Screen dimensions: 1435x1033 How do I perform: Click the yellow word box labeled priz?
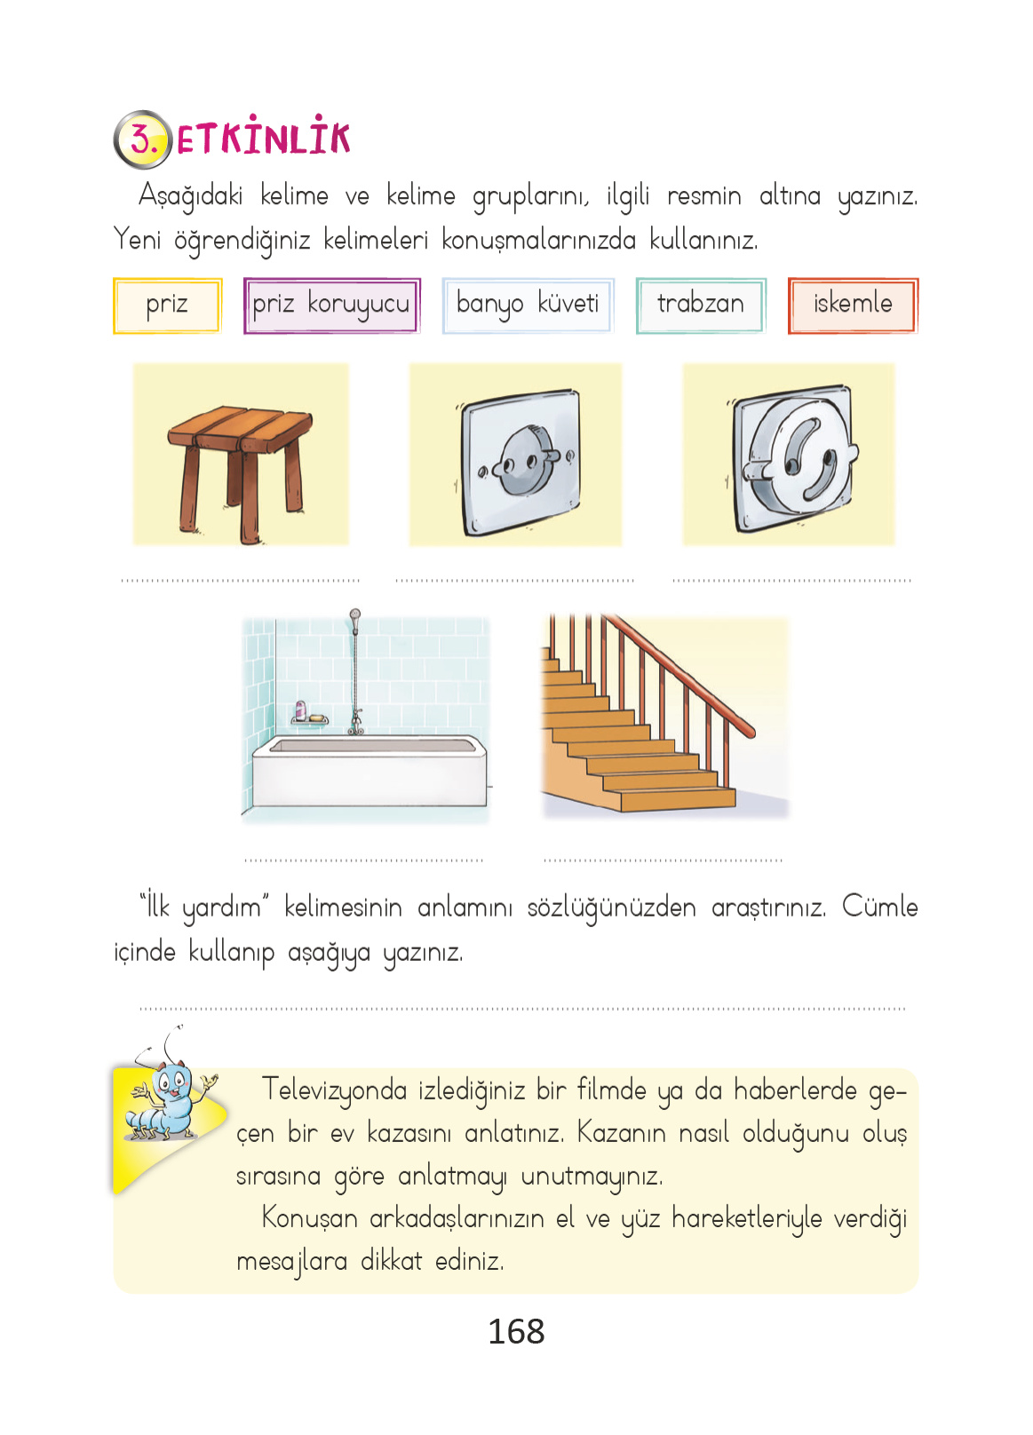tap(167, 305)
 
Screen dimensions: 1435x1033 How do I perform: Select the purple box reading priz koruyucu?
tap(331, 305)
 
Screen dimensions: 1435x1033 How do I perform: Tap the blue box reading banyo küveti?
tap(528, 305)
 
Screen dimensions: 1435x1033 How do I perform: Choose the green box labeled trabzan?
tap(700, 305)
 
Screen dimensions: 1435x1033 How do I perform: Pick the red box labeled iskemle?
tap(853, 305)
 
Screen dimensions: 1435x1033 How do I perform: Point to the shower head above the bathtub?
tap(355, 614)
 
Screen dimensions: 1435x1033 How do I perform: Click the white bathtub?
tap(369, 771)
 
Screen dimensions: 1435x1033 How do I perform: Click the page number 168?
tap(516, 1331)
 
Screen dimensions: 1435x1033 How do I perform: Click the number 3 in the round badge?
tap(142, 139)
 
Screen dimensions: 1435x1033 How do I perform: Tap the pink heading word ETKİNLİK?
tap(264, 139)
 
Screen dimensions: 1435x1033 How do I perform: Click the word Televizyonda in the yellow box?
tap(334, 1090)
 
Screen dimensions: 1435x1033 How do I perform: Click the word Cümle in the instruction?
tap(879, 907)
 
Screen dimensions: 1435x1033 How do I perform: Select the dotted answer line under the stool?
tap(240, 581)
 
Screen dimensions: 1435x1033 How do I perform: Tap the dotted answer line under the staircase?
tap(663, 860)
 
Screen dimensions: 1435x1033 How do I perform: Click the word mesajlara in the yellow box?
tap(291, 1261)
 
